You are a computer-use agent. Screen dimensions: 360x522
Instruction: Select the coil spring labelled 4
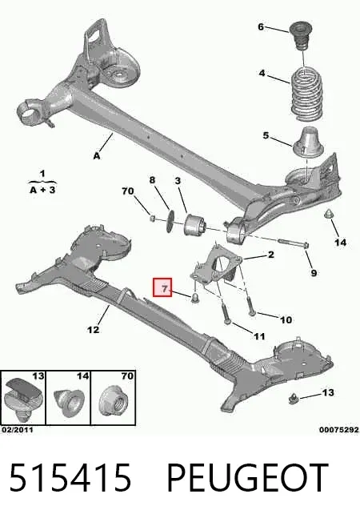306,95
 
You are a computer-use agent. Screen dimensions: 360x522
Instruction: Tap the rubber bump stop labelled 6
302,37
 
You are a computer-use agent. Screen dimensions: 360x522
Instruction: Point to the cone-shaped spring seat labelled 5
309,143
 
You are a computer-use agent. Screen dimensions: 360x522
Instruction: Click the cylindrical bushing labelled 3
195,225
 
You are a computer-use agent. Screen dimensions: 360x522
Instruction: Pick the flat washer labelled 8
170,221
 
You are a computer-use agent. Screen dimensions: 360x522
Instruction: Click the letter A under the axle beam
97,156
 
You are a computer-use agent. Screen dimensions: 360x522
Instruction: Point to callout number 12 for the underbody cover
93,330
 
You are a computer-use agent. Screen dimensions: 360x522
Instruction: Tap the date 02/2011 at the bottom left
18,430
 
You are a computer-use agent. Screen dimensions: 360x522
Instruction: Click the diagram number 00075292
339,430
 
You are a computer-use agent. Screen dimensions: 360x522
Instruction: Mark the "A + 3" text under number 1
42,190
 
